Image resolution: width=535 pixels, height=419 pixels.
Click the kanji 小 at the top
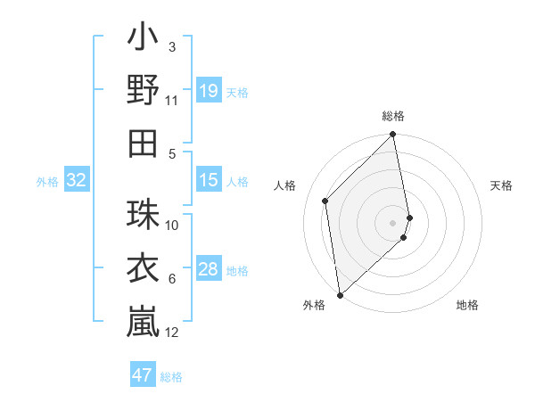click(x=143, y=38)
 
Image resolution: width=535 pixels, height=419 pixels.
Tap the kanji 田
click(x=143, y=142)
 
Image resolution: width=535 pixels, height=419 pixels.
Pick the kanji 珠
click(x=143, y=214)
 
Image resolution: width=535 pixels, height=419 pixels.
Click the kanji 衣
click(x=143, y=267)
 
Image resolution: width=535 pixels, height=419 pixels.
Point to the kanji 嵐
click(x=143, y=320)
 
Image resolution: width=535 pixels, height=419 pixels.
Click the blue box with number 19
click(x=208, y=91)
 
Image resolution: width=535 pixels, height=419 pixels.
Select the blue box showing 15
click(x=208, y=181)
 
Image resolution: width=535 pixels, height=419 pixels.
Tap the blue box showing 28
click(x=208, y=270)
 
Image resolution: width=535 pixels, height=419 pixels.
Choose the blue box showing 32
click(x=77, y=181)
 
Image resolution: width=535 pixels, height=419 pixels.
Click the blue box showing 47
click(x=142, y=375)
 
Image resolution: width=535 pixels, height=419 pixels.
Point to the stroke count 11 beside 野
click(x=172, y=101)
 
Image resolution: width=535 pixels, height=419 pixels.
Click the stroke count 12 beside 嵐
click(x=172, y=333)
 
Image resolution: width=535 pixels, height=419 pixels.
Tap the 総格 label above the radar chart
click(x=393, y=116)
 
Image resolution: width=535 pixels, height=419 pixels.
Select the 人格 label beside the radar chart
click(x=285, y=185)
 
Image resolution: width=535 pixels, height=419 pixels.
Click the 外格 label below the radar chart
click(x=314, y=305)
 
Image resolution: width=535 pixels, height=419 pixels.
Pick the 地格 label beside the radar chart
click(x=467, y=305)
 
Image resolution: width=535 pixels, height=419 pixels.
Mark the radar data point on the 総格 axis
click(x=393, y=136)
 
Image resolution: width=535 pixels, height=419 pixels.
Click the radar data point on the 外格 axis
click(x=340, y=294)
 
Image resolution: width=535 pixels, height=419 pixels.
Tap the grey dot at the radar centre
click(x=393, y=222)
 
